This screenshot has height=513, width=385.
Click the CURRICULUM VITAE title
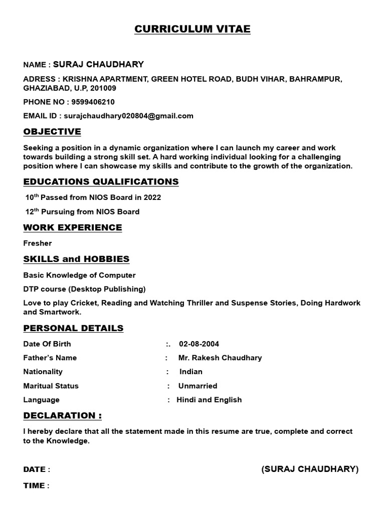[192, 30]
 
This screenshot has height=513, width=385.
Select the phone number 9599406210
[94, 102]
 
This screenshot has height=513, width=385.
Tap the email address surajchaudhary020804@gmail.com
[128, 116]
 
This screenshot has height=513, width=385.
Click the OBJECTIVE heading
[52, 132]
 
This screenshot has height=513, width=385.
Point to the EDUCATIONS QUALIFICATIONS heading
[101, 181]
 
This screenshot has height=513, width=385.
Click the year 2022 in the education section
[152, 197]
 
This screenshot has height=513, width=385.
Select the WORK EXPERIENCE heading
[73, 227]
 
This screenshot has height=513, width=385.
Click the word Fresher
[38, 243]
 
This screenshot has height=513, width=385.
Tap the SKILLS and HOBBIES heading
[76, 259]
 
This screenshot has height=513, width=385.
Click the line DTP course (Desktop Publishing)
[85, 289]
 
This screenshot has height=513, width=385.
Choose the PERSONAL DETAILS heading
[73, 328]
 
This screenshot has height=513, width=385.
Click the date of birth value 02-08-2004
[199, 344]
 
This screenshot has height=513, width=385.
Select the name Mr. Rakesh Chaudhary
[220, 358]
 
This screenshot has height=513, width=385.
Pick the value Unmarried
[198, 386]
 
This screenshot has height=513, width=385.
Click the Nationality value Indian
[191, 372]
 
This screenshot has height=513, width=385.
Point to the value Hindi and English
[209, 400]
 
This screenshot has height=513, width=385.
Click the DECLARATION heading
[63, 415]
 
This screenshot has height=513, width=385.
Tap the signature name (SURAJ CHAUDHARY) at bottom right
[310, 469]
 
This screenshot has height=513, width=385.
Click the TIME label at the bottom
[34, 485]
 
